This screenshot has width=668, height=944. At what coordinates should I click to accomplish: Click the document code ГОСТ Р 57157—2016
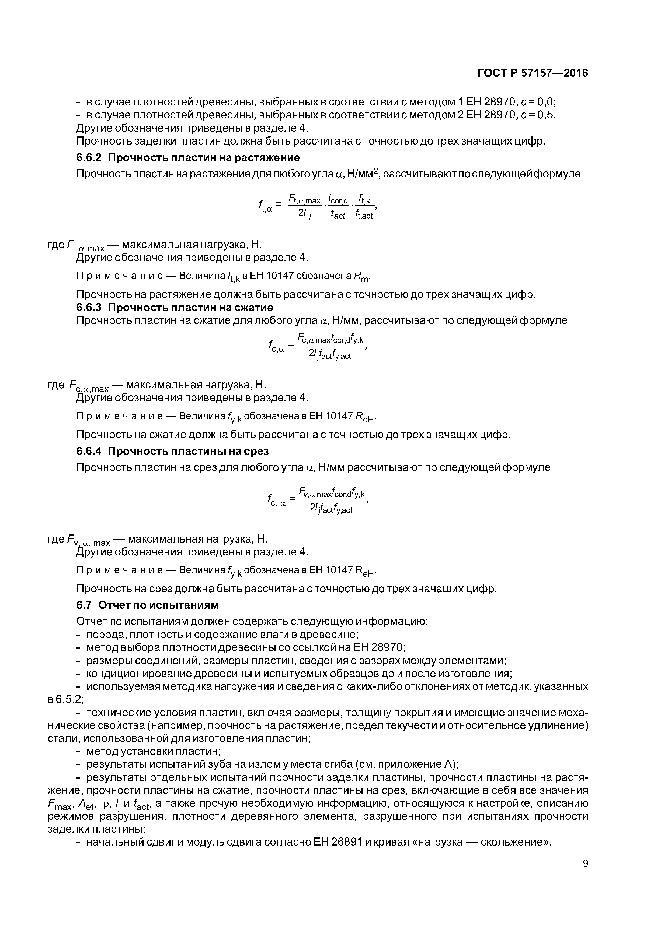tap(533, 73)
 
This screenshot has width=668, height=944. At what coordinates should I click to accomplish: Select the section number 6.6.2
tap(89, 158)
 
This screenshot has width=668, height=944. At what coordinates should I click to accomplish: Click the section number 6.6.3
tap(89, 308)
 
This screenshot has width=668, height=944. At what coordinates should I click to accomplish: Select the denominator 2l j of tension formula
tap(305, 214)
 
